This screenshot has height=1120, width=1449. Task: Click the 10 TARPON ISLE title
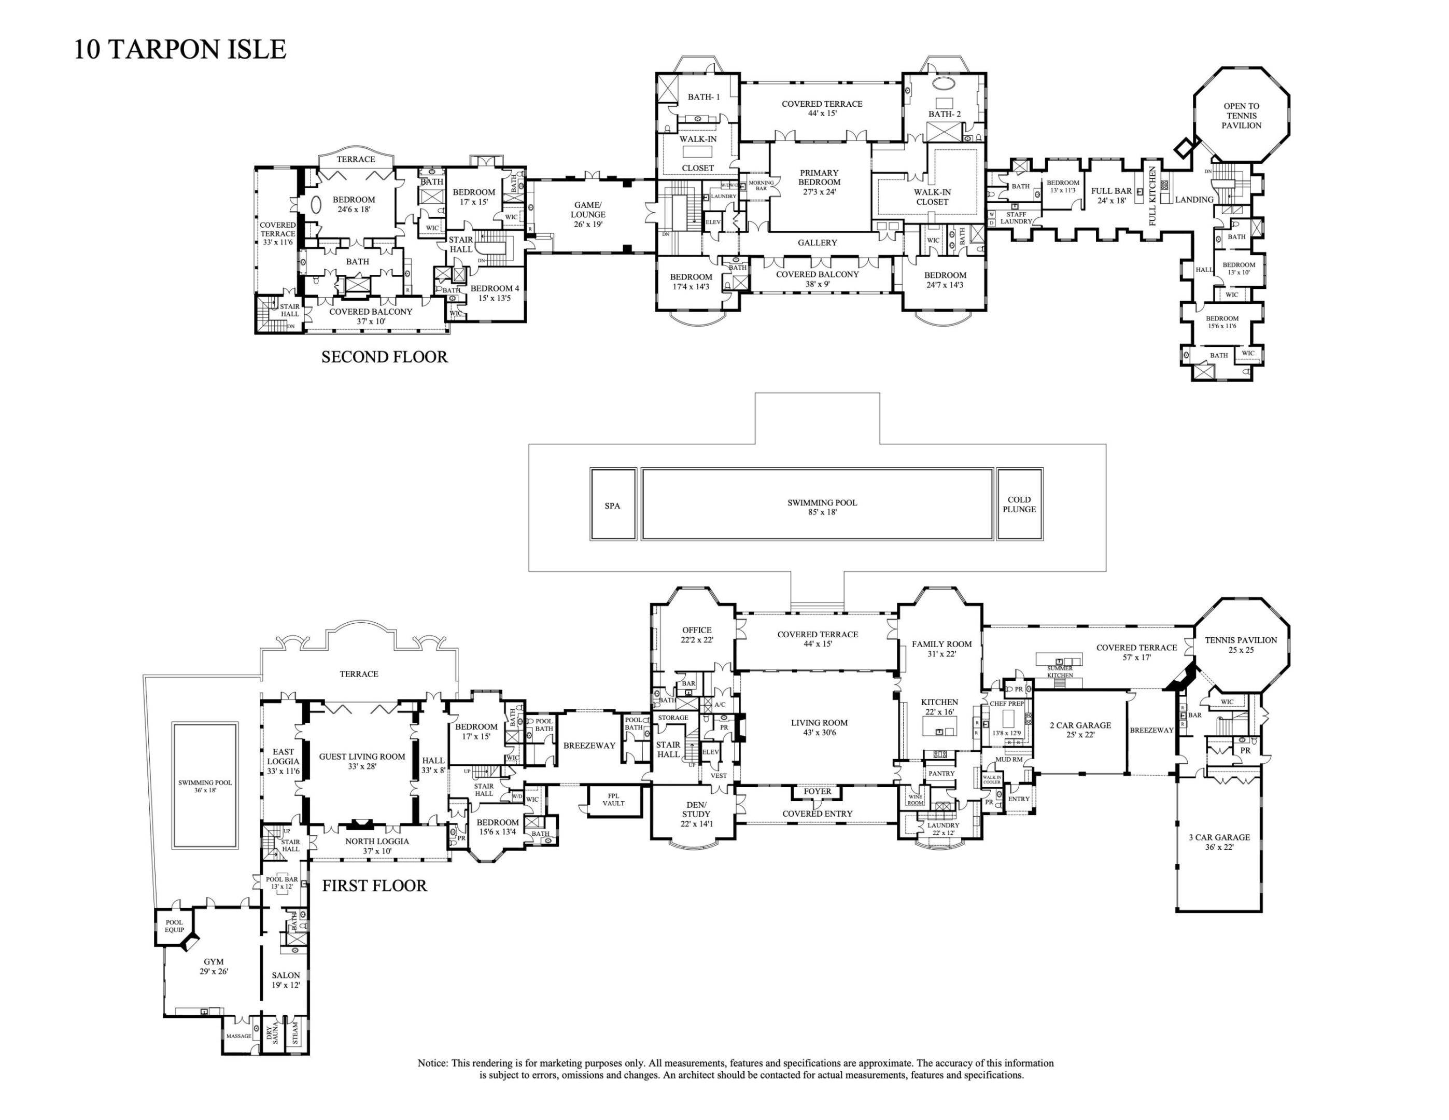pyautogui.click(x=180, y=50)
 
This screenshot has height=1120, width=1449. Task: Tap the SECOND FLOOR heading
pyautogui.click(x=384, y=357)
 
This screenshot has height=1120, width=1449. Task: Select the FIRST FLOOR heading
pyautogui.click(x=374, y=886)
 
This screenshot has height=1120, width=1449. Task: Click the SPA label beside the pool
pyautogui.click(x=612, y=506)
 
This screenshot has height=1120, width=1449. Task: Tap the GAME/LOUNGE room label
pyautogui.click(x=588, y=214)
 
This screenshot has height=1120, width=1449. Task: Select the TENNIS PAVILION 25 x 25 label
pyautogui.click(x=1240, y=645)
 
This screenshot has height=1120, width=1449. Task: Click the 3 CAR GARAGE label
pyautogui.click(x=1219, y=842)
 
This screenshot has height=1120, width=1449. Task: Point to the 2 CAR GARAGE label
pyautogui.click(x=1079, y=730)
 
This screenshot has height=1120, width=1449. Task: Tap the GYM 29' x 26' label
pyautogui.click(x=214, y=966)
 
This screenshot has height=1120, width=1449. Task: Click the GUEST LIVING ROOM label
pyautogui.click(x=361, y=761)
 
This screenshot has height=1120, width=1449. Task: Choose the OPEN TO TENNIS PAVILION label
pyautogui.click(x=1241, y=116)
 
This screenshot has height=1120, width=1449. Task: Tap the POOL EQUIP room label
pyautogui.click(x=174, y=926)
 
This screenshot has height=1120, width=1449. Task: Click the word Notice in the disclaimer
pyautogui.click(x=432, y=1063)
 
